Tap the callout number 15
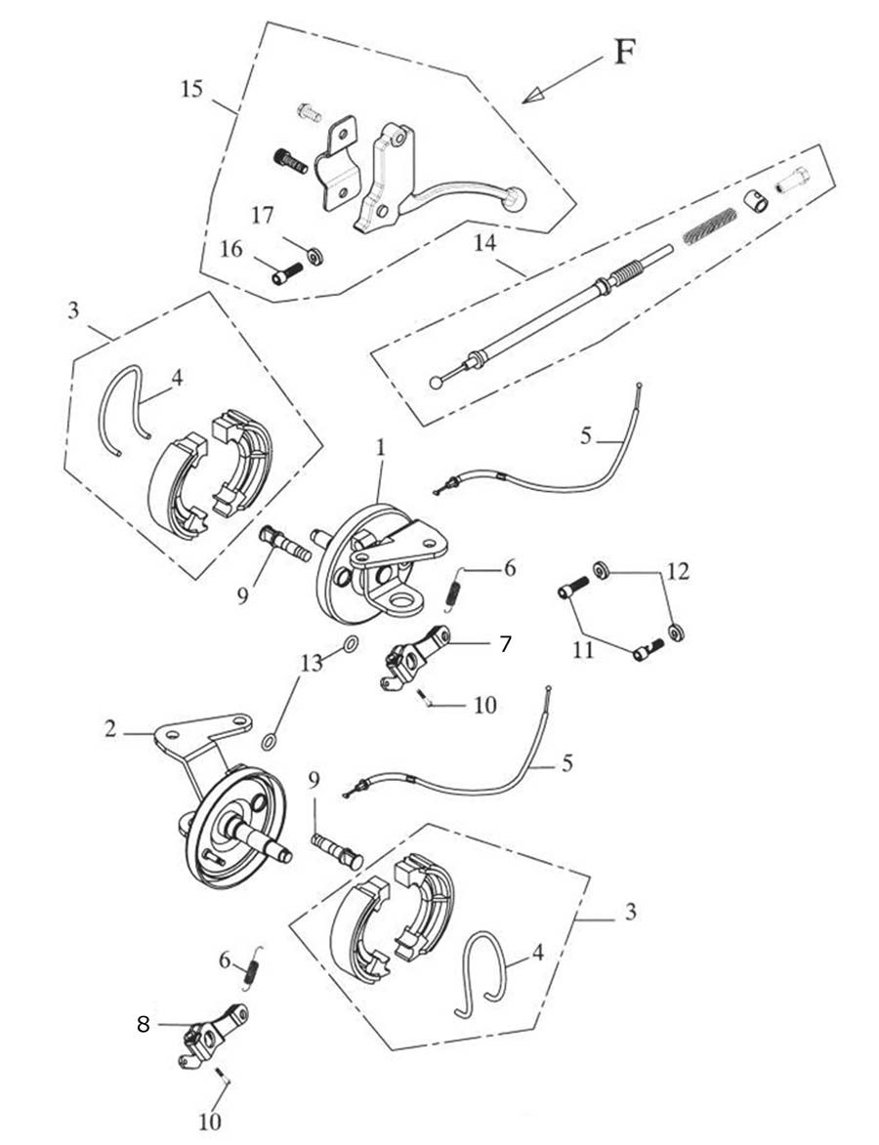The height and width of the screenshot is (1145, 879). pyautogui.click(x=191, y=89)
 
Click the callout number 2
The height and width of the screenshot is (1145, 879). pyautogui.click(x=110, y=728)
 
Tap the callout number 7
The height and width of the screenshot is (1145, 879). pyautogui.click(x=505, y=643)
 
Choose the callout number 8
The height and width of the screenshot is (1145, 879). pyautogui.click(x=144, y=1025)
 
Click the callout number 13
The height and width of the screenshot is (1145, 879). pyautogui.click(x=311, y=664)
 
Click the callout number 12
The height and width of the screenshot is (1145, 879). pyautogui.click(x=679, y=571)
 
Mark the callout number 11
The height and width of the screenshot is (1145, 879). pyautogui.click(x=583, y=649)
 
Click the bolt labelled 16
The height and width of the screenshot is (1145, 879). pyautogui.click(x=288, y=273)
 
